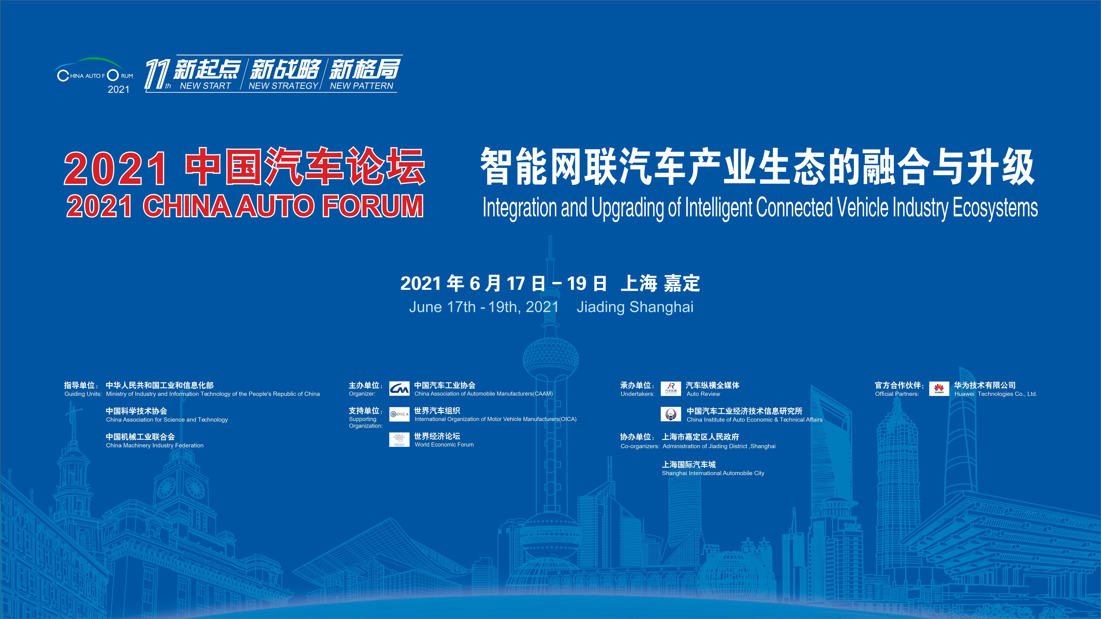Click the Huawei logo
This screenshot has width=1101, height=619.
[x=939, y=389]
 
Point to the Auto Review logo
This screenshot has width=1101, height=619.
[x=671, y=389]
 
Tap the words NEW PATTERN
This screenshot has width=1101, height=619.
[x=362, y=86]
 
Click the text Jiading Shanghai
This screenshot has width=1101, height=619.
[x=635, y=307]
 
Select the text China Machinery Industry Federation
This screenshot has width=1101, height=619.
[x=155, y=445]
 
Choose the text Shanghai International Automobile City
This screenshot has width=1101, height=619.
[x=713, y=473]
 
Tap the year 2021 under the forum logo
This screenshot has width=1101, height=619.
[x=118, y=89]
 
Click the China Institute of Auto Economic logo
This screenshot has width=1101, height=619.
[x=671, y=414]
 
